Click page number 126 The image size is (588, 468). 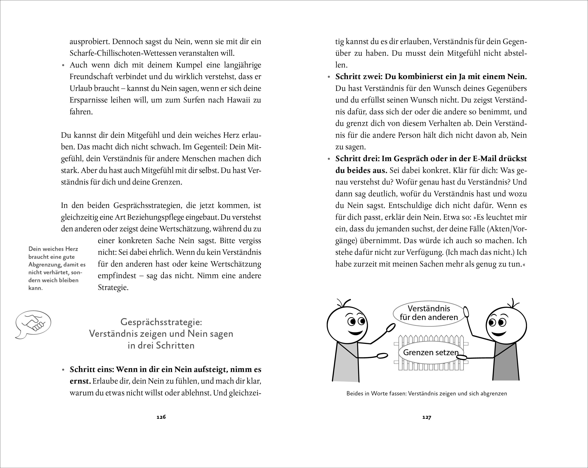[x=161, y=417]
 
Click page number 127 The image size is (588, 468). [x=426, y=417]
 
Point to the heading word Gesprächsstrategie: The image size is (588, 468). [x=161, y=322]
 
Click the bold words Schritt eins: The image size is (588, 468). [x=92, y=369]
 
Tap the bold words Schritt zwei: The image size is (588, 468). [x=359, y=77]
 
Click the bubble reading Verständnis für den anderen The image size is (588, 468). [x=429, y=313]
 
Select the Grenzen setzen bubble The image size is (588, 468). [x=430, y=352]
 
